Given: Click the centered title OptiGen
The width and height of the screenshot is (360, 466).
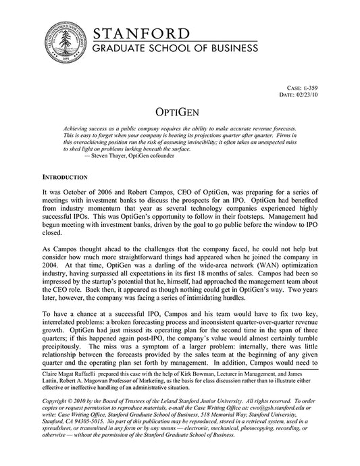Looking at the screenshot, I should point(180,111).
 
